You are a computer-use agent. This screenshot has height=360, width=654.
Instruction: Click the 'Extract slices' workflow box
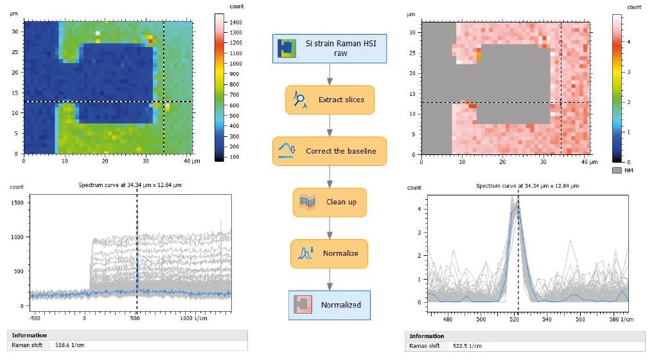click(x=330, y=100)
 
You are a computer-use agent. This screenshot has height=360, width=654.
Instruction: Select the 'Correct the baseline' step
click(x=330, y=151)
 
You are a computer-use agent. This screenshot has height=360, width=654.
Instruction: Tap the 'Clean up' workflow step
click(x=330, y=202)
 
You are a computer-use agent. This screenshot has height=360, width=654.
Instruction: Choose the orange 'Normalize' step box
click(x=330, y=253)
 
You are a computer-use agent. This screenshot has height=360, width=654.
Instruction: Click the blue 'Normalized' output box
click(x=330, y=305)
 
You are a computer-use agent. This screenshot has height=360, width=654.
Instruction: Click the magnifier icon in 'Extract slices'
click(x=299, y=99)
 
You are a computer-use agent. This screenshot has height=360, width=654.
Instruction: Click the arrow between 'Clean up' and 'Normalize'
click(x=330, y=228)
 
